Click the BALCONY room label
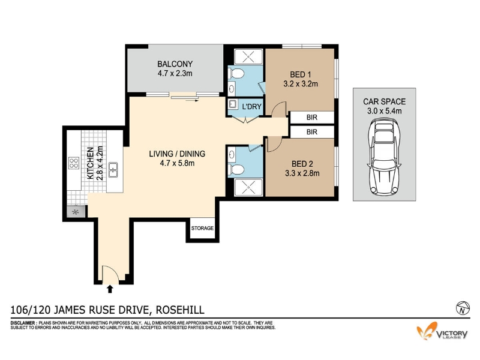pyautogui.click(x=175, y=64)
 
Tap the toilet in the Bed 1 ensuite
pyautogui.click(x=236, y=73)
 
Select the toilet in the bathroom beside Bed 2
pyautogui.click(x=236, y=169)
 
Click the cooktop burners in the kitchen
pyautogui.click(x=74, y=163)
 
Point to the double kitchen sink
pyautogui.click(x=113, y=170)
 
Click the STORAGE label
pyautogui.click(x=202, y=228)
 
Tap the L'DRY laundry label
pyautogui.click(x=251, y=107)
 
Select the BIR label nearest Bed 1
pyautogui.click(x=311, y=117)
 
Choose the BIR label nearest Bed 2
pyautogui.click(x=311, y=132)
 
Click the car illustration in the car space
pyautogui.click(x=384, y=157)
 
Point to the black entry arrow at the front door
pyautogui.click(x=110, y=289)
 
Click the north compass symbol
pyautogui.click(x=463, y=308)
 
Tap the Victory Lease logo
pyautogui.click(x=442, y=331)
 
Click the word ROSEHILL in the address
pyautogui.click(x=180, y=310)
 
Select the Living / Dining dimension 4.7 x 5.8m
pyautogui.click(x=177, y=163)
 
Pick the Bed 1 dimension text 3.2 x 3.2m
pyautogui.click(x=301, y=84)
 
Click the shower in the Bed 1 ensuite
pyautogui.click(x=248, y=56)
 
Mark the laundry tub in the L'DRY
pyautogui.click(x=233, y=104)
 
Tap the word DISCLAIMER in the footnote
pyautogui.click(x=23, y=323)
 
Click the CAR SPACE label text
pyautogui.click(x=384, y=101)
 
